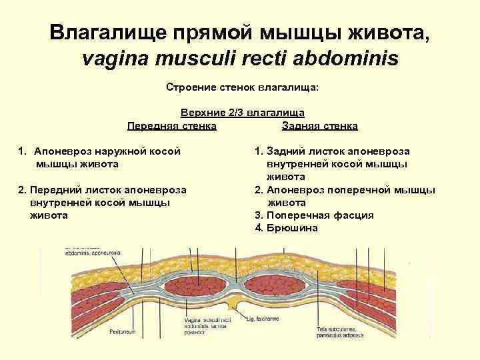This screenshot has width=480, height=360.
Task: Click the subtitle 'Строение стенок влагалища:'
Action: point(243,87)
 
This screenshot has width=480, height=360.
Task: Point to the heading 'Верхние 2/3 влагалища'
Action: point(243,114)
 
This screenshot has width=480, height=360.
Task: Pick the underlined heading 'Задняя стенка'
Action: point(320,125)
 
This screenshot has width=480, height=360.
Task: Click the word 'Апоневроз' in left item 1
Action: point(64,151)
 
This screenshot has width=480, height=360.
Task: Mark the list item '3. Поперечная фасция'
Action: point(315,215)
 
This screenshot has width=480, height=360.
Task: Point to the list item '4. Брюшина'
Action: point(287,228)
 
